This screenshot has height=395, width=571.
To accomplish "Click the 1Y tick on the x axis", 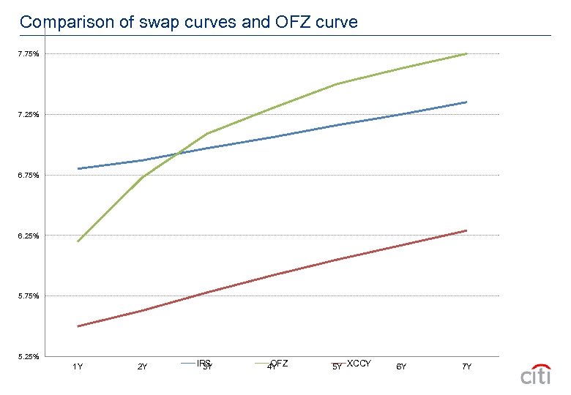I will coord(77,366).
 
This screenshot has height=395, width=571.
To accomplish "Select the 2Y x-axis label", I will coord(142,366).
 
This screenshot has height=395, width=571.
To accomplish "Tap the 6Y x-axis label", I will coord(401,366).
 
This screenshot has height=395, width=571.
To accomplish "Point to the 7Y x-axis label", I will coord(466,366).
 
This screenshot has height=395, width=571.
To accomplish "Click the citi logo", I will coord(536,375).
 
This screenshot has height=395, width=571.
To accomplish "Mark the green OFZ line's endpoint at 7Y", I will coord(466,53).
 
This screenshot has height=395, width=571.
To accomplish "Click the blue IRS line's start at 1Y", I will coord(78,169).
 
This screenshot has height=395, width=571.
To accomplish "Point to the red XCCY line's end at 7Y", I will coord(466,230).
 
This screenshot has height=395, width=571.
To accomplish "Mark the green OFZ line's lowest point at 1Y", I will coord(78,241).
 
